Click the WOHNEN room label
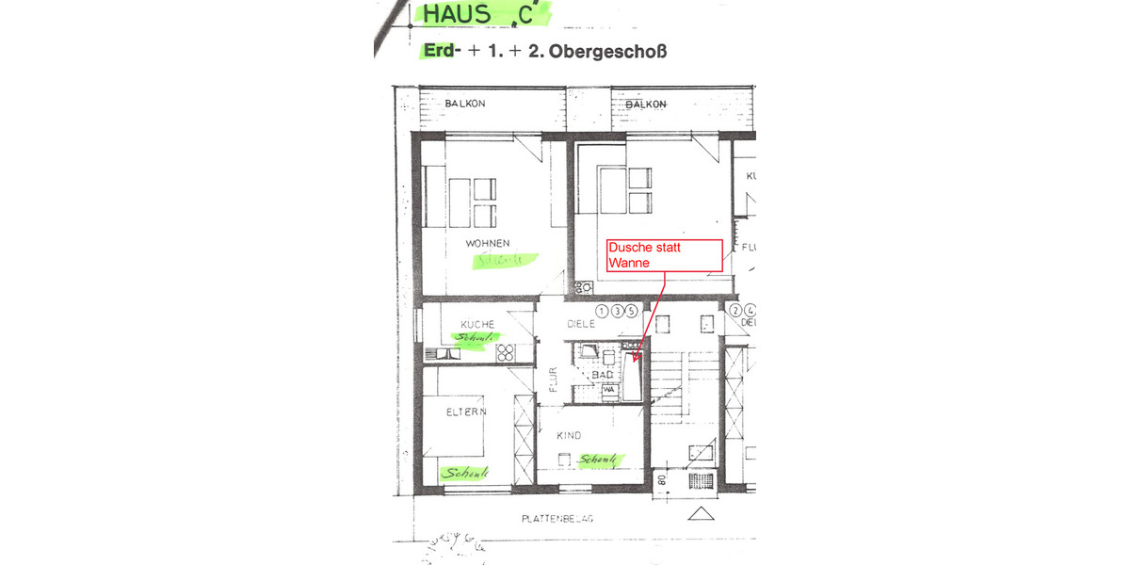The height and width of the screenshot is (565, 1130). point(487,243)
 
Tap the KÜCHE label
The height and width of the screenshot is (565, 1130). point(477,324)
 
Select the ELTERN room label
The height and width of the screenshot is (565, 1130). point(466,412)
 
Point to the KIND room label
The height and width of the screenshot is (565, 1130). point(569,436)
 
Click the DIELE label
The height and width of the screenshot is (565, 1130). point(582,324)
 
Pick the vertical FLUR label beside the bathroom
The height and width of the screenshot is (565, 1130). point(554,379)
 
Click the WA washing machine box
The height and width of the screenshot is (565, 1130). point(608,389)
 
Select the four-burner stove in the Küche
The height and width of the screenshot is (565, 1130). point(505,353)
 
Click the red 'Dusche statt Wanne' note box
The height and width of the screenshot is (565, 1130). point(665,254)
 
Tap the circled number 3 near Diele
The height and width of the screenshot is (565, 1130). point(617,311)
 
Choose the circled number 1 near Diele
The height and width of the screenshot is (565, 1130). point(602,311)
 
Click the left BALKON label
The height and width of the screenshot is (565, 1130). point(465,104)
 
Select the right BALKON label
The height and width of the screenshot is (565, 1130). point(646,104)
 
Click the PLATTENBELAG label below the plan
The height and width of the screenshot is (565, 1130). point(557,519)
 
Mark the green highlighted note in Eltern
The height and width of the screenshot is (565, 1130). point(468,473)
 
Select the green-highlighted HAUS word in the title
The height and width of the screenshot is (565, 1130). point(458,14)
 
